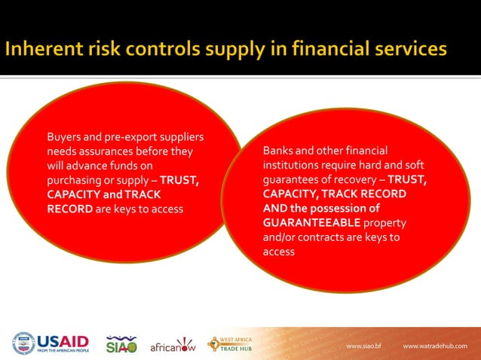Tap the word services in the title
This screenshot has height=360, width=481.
(x=407, y=50)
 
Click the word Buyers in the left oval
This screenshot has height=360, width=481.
(x=64, y=137)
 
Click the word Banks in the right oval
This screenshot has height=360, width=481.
(x=278, y=151)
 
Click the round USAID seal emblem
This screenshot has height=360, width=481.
(x=23, y=344)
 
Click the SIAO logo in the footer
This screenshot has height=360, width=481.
(x=121, y=344)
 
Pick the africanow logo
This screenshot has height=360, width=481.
(x=173, y=346)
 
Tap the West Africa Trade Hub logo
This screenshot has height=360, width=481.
(x=231, y=344)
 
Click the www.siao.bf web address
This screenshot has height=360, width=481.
(x=364, y=346)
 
